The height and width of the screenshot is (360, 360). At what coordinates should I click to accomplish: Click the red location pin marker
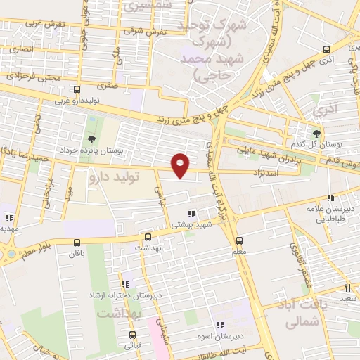pyautogui.click(x=181, y=165)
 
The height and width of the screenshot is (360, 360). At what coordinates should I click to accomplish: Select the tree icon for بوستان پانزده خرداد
pyautogui.click(x=92, y=138)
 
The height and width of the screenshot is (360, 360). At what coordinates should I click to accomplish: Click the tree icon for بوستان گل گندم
pyautogui.click(x=316, y=132)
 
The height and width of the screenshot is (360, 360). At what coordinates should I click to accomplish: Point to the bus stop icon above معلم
pyautogui.click(x=239, y=240)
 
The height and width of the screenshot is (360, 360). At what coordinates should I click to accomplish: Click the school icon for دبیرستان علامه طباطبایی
pyautogui.click(x=331, y=198)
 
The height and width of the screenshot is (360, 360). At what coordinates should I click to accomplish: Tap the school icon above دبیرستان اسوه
pyautogui.click(x=220, y=325)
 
